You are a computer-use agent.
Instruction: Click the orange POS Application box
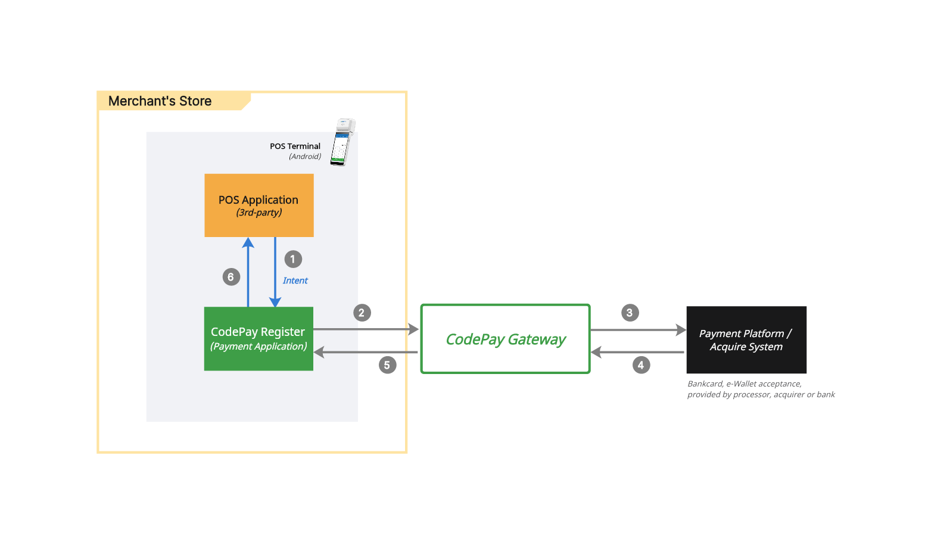259,205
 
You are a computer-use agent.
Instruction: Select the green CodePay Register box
259,339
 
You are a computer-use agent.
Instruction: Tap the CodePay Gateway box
505,339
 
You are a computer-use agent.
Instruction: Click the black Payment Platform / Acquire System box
746,340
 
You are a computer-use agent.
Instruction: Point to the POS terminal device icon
342,142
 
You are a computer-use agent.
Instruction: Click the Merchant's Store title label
160,101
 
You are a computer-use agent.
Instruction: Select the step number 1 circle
293,259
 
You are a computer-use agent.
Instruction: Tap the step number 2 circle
362,313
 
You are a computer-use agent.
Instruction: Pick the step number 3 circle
630,313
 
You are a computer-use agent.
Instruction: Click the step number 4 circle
641,365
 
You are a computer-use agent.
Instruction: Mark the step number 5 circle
387,365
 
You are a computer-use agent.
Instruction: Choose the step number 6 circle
231,277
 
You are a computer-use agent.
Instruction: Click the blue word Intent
295,281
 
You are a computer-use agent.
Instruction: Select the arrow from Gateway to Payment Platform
637,330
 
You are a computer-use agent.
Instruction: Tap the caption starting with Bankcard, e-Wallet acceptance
761,389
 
